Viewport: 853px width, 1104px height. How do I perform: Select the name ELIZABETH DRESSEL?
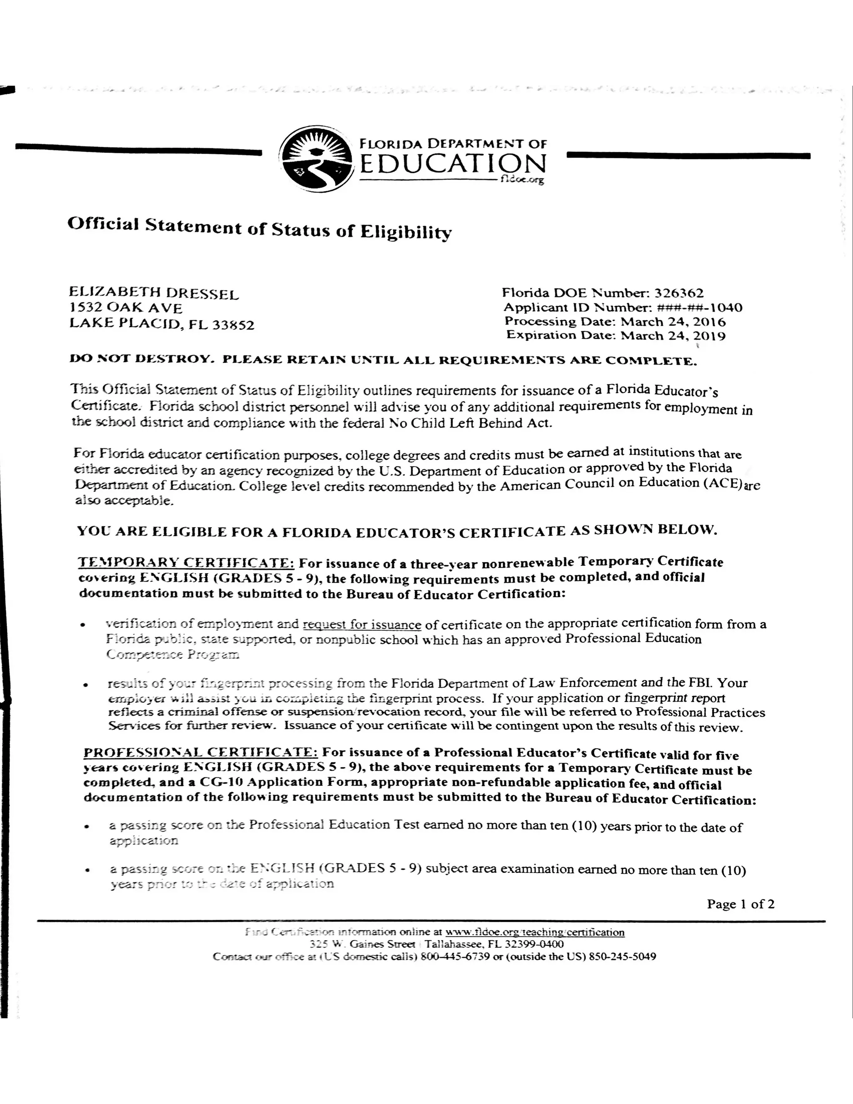click(154, 293)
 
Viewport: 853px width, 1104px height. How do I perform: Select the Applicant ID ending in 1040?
click(699, 307)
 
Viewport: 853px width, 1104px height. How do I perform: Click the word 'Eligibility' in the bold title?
click(405, 232)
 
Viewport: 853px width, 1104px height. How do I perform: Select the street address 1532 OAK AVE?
click(126, 308)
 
